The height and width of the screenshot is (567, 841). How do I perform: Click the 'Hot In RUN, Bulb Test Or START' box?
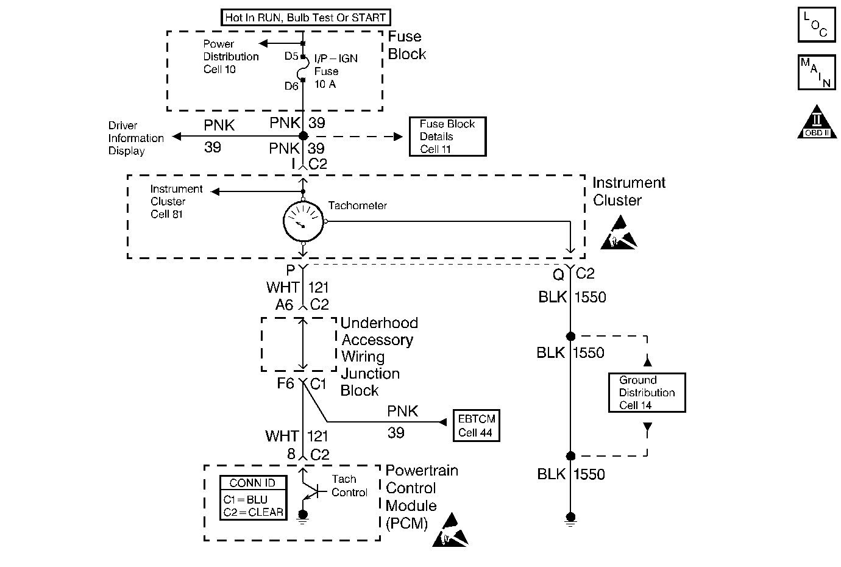click(305, 17)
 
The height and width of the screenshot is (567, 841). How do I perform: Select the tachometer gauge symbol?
click(303, 221)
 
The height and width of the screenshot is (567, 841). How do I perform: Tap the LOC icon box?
click(816, 25)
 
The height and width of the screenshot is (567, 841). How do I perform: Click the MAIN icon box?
click(816, 73)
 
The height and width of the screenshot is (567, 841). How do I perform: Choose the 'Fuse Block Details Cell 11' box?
click(447, 137)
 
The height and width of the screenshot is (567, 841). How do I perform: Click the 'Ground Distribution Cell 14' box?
click(647, 393)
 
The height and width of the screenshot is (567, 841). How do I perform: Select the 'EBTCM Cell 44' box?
click(476, 426)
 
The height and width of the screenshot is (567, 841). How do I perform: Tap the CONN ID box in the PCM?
click(253, 497)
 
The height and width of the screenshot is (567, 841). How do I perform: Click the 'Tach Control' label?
click(349, 486)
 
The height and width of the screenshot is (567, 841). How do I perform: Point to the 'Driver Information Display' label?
click(136, 138)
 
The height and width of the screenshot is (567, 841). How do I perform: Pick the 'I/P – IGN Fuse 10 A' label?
click(335, 71)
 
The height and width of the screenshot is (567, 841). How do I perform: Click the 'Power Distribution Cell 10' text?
click(230, 57)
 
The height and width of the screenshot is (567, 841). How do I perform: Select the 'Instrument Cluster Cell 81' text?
click(176, 202)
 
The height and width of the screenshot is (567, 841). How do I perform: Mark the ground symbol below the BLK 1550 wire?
click(570, 519)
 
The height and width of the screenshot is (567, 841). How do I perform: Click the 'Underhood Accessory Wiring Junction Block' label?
click(379, 357)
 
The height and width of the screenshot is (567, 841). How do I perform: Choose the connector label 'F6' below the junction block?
click(285, 384)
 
